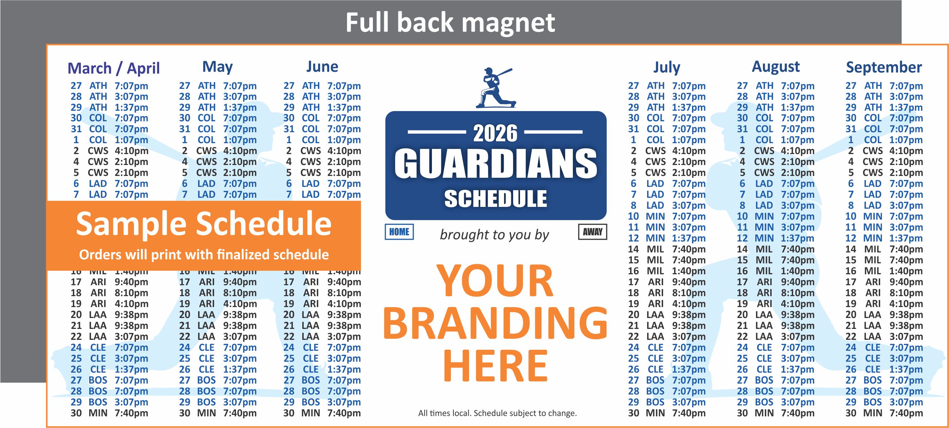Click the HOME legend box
tap(399, 232)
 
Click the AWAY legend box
tap(592, 232)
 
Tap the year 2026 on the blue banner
tap(495, 133)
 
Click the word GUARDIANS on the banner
tap(496, 164)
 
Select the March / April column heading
tap(114, 68)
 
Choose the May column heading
tap(217, 67)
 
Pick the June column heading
tap(322, 67)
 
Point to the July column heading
tap(666, 67)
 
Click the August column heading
tap(776, 67)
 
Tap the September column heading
tap(884, 67)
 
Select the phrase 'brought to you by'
tap(495, 235)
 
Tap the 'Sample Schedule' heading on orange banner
tap(203, 223)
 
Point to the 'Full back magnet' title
tap(450, 23)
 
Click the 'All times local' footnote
tap(497, 413)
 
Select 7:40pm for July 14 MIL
tap(689, 249)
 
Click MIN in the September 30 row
tap(873, 413)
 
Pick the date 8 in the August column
tap(742, 205)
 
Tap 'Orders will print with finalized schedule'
tap(204, 255)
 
